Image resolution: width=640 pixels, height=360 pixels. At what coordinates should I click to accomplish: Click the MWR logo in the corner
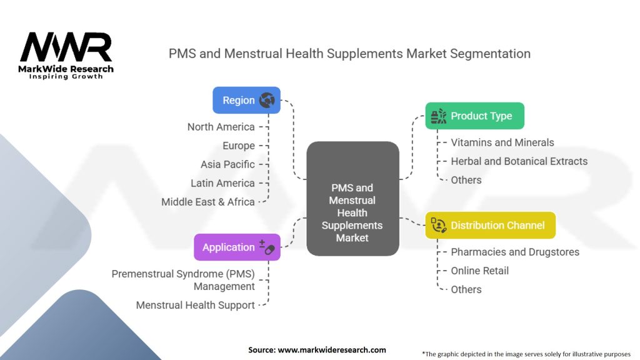click(66, 55)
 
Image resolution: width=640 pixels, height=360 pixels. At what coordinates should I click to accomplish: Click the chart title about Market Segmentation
click(349, 54)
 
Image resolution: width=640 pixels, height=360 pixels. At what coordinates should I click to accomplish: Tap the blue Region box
click(246, 100)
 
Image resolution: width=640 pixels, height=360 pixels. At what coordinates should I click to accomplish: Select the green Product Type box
click(474, 116)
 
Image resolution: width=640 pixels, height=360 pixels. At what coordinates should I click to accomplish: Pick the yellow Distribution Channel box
click(490, 225)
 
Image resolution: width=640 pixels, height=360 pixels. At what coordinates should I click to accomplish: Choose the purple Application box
click(237, 247)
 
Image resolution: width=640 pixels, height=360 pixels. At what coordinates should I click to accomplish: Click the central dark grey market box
click(352, 199)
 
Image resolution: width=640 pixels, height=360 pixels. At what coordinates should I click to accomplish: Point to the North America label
click(221, 127)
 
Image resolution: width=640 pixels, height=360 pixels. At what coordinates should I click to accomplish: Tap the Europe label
click(239, 146)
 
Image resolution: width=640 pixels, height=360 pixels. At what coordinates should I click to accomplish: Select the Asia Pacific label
click(227, 164)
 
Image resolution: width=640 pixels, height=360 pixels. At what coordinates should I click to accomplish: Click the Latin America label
click(222, 183)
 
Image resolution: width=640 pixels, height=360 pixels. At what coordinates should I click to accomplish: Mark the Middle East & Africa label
click(208, 202)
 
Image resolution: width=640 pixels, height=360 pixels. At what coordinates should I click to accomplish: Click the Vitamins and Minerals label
click(502, 142)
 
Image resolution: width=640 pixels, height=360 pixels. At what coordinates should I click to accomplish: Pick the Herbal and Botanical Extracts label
click(519, 161)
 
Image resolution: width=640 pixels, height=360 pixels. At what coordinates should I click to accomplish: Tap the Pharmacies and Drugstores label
click(515, 252)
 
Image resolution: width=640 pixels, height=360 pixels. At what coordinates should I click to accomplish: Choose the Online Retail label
click(480, 271)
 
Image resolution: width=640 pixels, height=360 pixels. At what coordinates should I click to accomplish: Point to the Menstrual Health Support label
click(196, 305)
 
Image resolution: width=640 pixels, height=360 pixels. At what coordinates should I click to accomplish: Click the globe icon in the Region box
click(267, 100)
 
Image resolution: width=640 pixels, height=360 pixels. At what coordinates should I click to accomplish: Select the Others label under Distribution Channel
click(466, 289)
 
